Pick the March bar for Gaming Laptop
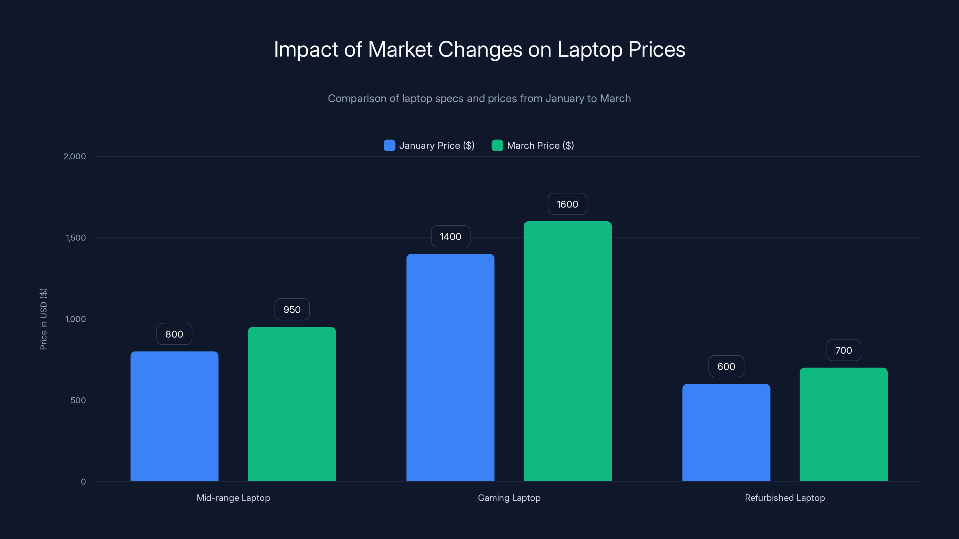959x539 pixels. click(567, 351)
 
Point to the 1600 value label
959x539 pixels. click(567, 204)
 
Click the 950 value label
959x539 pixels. click(292, 310)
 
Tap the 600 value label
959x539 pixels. click(726, 367)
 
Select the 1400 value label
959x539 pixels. click(450, 237)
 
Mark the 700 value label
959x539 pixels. click(844, 350)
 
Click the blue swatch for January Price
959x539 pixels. click(389, 146)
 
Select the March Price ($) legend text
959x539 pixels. click(540, 146)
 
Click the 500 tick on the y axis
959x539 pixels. click(78, 400)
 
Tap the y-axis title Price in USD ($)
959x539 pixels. click(43, 319)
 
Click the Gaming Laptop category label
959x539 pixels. click(509, 498)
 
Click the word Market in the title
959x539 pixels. click(400, 49)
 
